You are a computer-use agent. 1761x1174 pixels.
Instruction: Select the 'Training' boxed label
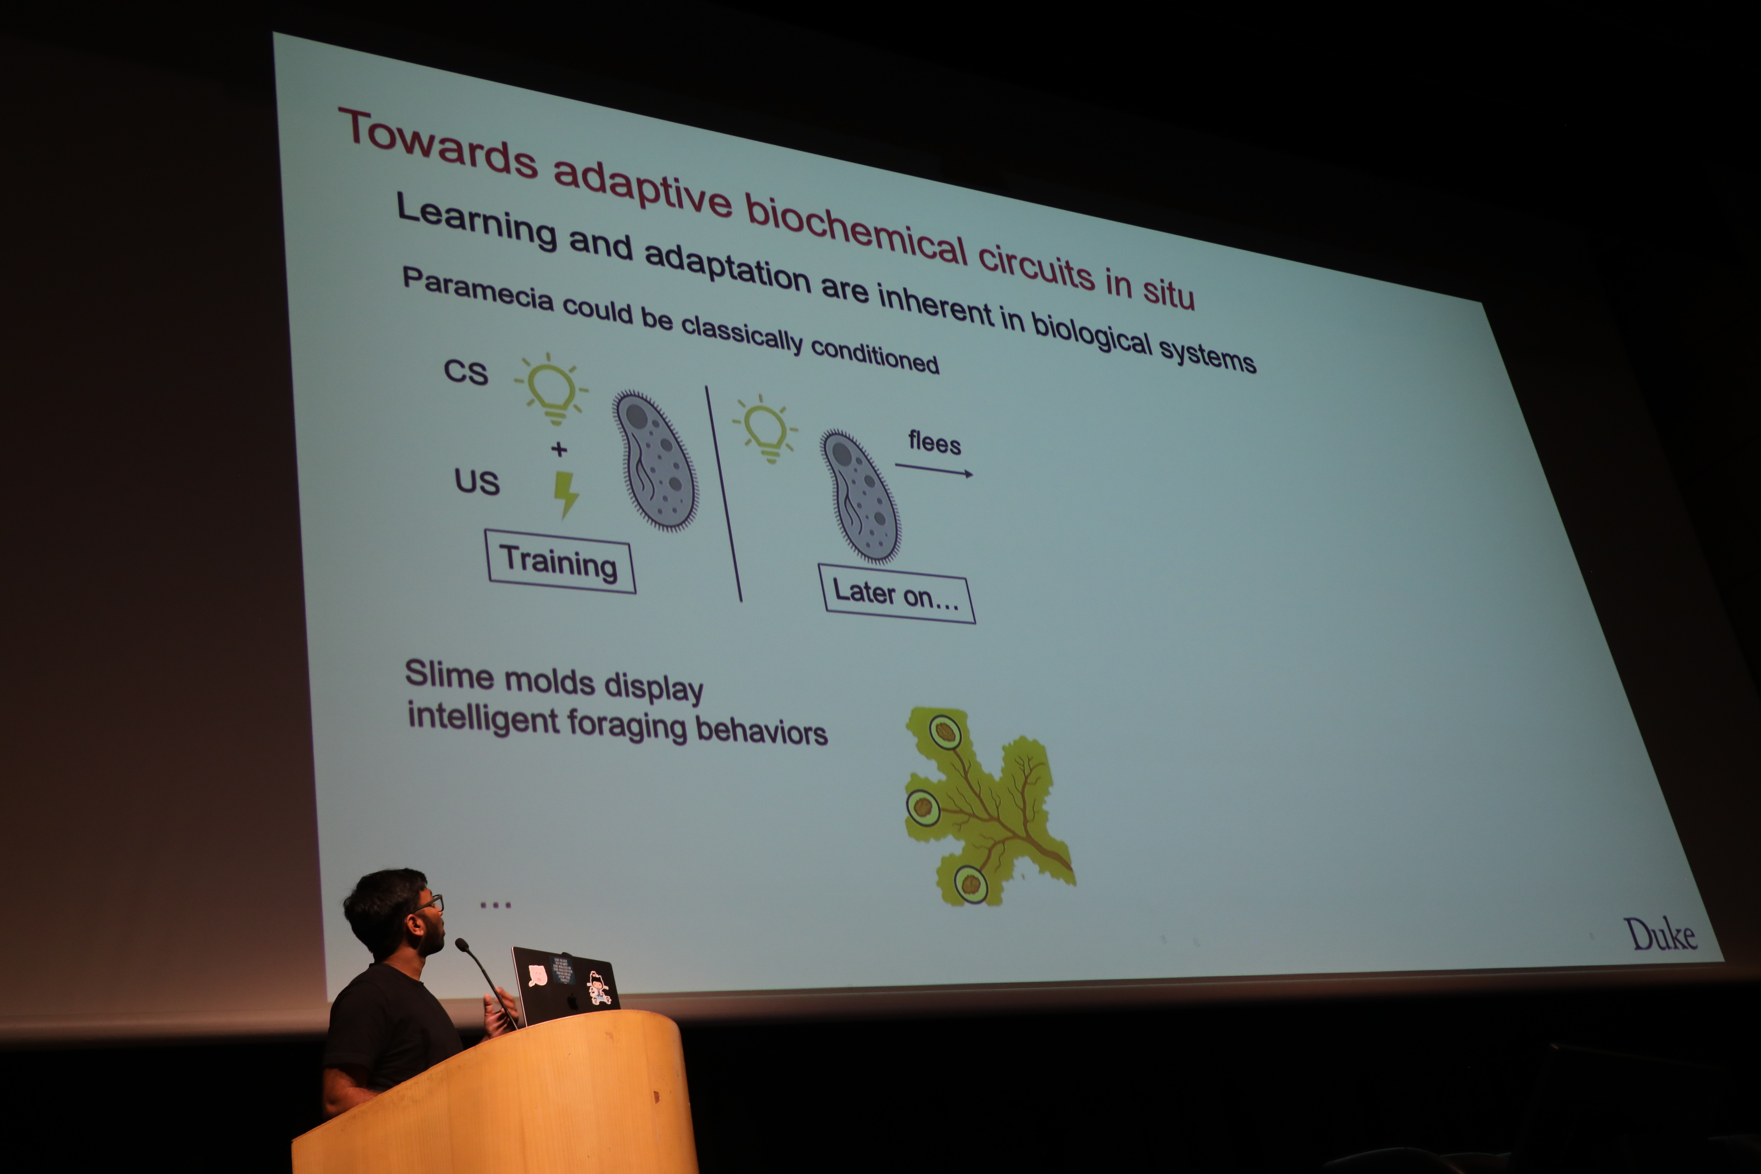pos(560,562)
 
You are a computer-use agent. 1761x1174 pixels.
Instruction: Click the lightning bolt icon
pos(565,494)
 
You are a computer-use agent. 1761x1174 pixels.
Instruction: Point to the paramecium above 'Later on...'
pos(860,496)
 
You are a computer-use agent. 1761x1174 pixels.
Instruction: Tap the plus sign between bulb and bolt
pos(558,449)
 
